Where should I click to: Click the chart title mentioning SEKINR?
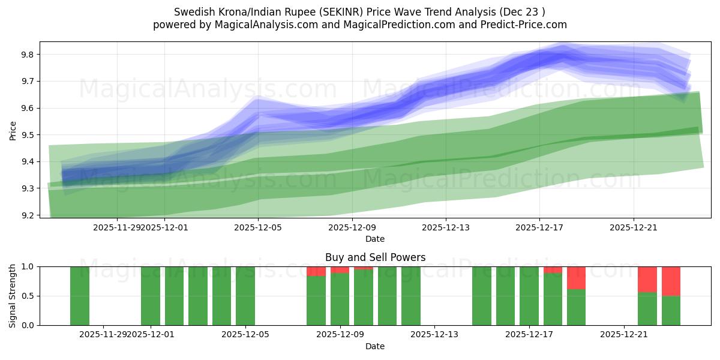[359, 12]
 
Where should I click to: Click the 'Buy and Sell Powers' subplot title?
[375, 257]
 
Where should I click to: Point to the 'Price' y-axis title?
[13, 130]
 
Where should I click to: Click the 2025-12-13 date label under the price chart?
[446, 227]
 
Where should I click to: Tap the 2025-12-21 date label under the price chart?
[634, 227]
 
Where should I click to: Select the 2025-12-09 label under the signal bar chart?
[340, 334]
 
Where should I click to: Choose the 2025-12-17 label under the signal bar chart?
[529, 334]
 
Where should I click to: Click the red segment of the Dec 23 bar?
[671, 281]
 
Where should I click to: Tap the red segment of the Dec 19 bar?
[576, 278]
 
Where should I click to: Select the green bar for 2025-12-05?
[245, 296]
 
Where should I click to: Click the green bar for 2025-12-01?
[151, 296]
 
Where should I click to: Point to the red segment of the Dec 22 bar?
[647, 279]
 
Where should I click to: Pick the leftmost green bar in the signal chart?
[80, 296]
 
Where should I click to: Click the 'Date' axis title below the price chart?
[375, 239]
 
